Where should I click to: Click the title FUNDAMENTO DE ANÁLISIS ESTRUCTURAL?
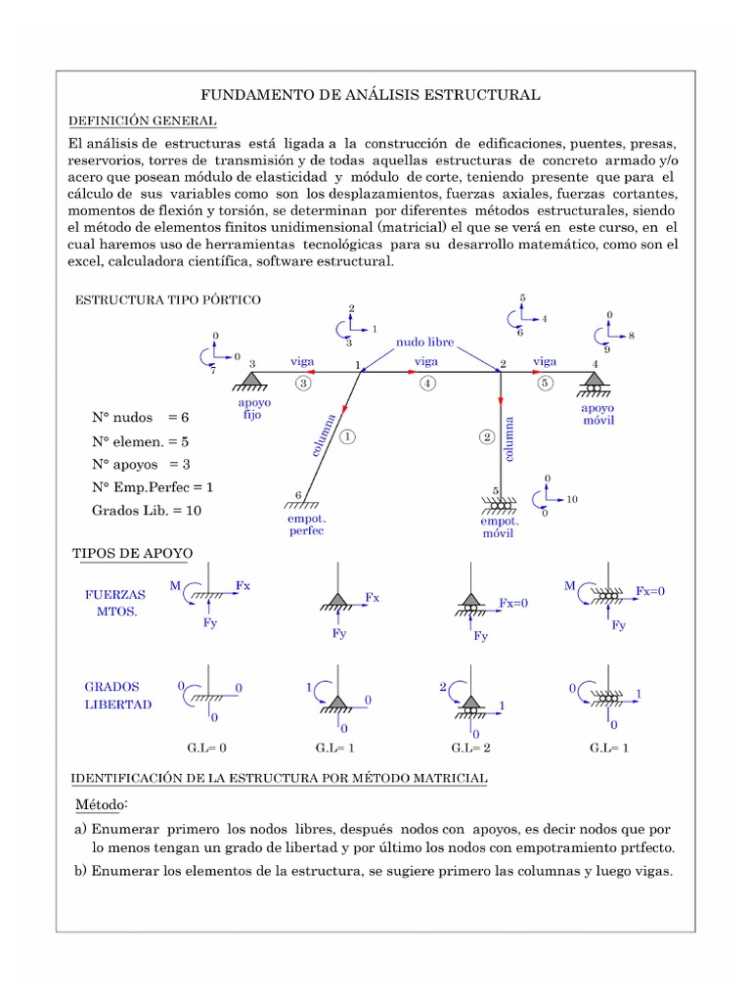(371, 95)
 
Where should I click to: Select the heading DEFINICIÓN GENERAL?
(142, 120)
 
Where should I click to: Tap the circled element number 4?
(427, 384)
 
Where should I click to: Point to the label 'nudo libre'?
(426, 342)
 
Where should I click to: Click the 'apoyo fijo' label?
(254, 408)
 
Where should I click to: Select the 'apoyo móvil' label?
(597, 414)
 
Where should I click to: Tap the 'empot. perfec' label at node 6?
(306, 524)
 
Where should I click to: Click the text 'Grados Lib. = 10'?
(149, 510)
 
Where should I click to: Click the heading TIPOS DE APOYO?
(133, 554)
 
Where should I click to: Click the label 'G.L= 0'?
(206, 748)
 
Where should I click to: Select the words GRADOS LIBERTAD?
(118, 696)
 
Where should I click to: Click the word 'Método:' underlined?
(101, 804)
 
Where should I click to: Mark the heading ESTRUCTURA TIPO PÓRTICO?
(168, 299)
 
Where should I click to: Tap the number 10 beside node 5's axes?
(572, 499)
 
